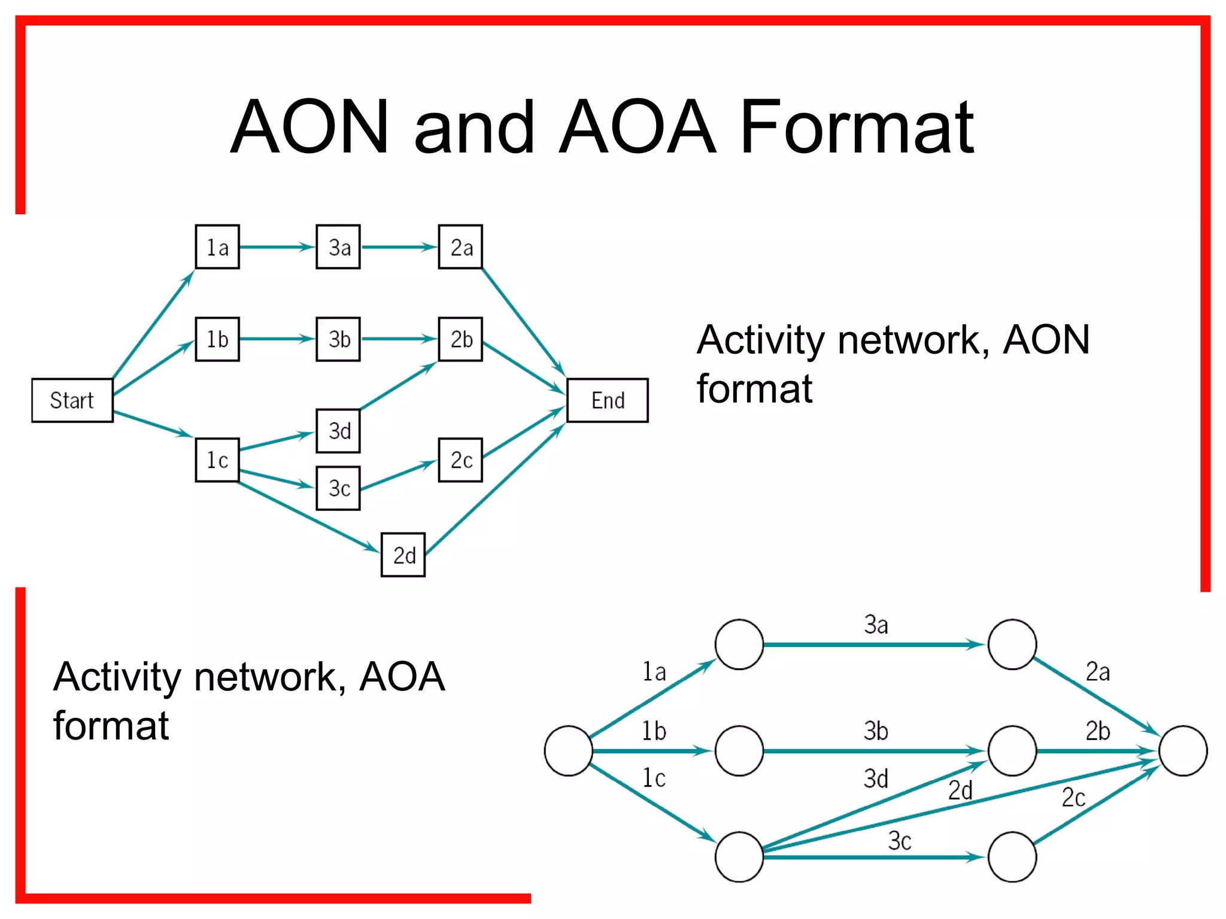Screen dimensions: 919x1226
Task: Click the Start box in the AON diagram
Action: [x=72, y=400]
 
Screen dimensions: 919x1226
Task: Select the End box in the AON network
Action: [x=607, y=400]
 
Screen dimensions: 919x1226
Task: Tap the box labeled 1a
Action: [x=217, y=247]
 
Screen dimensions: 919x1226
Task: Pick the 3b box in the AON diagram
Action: [x=338, y=339]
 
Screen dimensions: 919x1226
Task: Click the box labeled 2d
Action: [x=403, y=555]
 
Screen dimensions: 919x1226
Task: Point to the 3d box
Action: [x=338, y=431]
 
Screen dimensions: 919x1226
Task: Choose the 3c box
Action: [x=338, y=488]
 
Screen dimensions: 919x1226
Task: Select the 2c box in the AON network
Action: [x=460, y=460]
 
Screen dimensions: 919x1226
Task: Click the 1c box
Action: [x=217, y=460]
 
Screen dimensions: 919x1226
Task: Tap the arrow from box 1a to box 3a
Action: [x=277, y=247]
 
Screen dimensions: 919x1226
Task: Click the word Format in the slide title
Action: [x=857, y=127]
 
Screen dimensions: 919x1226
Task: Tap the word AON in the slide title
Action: [x=309, y=127]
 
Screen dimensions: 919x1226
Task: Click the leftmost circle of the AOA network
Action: [x=568, y=751]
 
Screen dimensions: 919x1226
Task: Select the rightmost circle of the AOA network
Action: [x=1183, y=751]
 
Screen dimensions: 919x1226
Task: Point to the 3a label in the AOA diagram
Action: [x=876, y=625]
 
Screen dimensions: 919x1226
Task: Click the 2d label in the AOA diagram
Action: [x=960, y=791]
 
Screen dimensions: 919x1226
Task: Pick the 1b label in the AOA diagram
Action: [x=654, y=731]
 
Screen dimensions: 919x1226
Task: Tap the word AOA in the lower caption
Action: [x=402, y=677]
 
